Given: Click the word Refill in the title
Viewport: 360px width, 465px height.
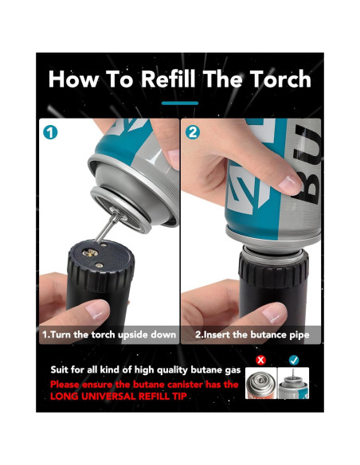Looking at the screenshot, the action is pyautogui.click(x=168, y=79).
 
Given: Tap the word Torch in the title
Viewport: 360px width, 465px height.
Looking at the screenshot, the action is pyautogui.click(x=280, y=79).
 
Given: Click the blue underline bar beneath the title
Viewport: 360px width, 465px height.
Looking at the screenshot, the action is pyautogui.click(x=180, y=104).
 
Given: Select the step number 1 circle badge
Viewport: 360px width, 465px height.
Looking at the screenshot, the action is pyautogui.click(x=50, y=132).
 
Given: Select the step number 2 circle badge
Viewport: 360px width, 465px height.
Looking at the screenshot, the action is pyautogui.click(x=193, y=132).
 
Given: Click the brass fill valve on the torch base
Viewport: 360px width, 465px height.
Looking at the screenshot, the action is pyautogui.click(x=91, y=252).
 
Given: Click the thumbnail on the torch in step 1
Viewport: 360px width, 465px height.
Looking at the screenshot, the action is pyautogui.click(x=96, y=311).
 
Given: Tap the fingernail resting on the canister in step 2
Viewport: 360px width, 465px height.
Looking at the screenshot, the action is pyautogui.click(x=288, y=184).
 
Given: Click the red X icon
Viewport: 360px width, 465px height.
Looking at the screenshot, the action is pyautogui.click(x=260, y=360).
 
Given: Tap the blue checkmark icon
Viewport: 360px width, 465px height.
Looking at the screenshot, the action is pyautogui.click(x=294, y=360).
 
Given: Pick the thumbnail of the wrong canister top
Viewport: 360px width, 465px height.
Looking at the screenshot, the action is pyautogui.click(x=261, y=383).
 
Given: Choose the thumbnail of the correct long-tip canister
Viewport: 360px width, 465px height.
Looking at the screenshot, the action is pyautogui.click(x=293, y=383).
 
